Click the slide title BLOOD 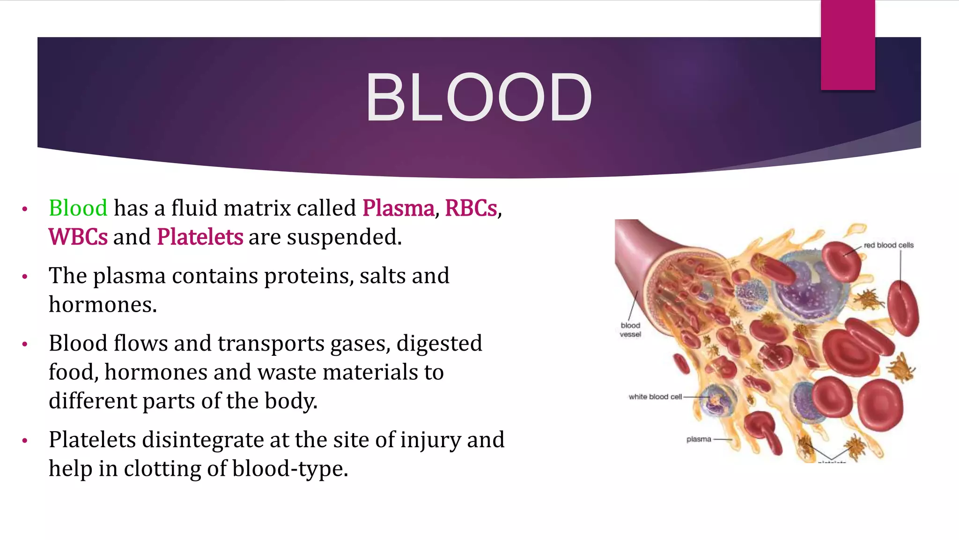(479, 98)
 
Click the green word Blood (78, 208)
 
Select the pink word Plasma (398, 208)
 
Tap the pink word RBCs (471, 208)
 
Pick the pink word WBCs (78, 237)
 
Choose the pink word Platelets (200, 237)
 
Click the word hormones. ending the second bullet (103, 305)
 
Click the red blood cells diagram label (888, 245)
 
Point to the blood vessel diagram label (630, 330)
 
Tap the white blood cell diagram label (655, 397)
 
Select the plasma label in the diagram (699, 439)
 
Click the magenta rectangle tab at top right (848, 45)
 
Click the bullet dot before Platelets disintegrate (25, 441)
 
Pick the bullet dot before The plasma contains (25, 277)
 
